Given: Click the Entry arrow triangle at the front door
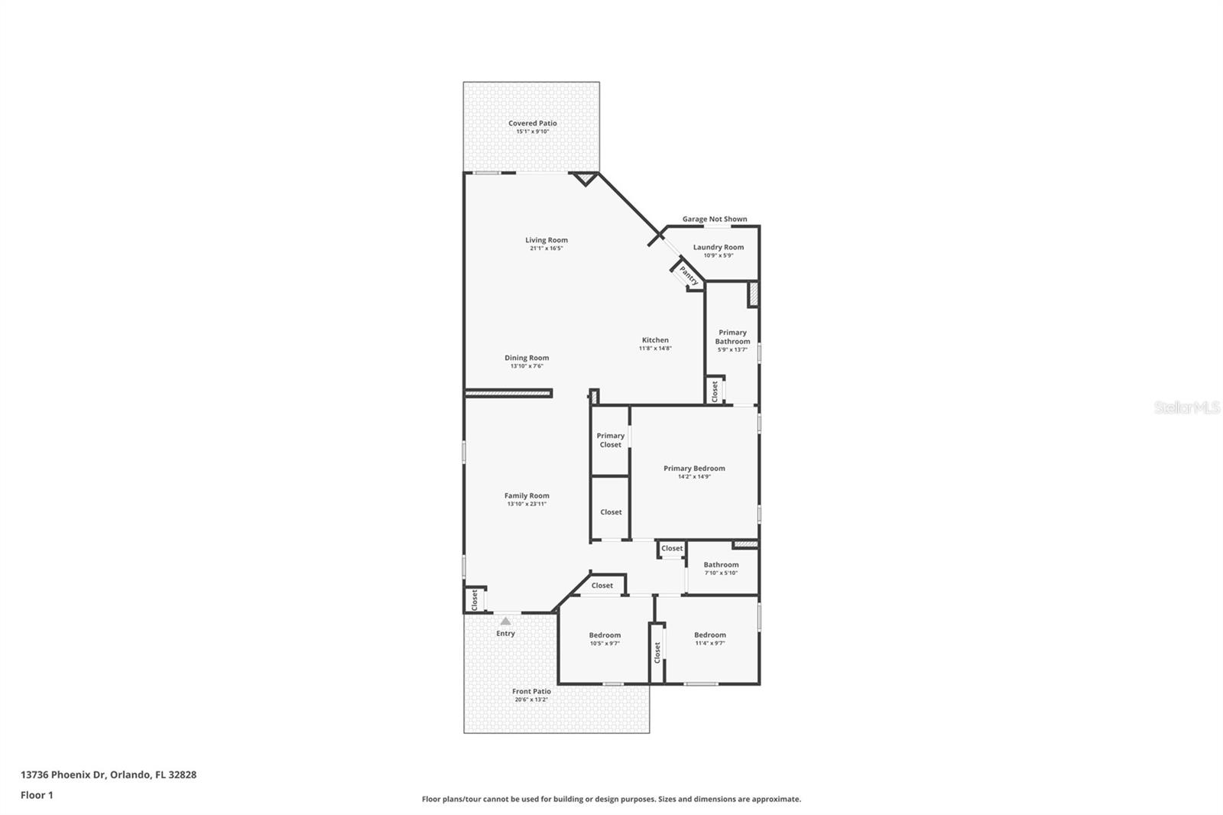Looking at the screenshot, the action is point(505,621).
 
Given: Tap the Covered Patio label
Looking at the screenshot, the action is point(532,123).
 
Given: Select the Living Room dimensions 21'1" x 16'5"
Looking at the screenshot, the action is point(546,248).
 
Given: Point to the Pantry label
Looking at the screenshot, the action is point(689,276).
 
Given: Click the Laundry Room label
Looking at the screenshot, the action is point(718,248).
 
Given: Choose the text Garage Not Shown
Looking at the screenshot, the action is point(714,219).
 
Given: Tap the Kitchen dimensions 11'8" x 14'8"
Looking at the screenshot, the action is point(655,348).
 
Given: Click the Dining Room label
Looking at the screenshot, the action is point(527,359).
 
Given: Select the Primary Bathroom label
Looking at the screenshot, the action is point(732,336).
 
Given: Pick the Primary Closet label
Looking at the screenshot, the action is point(611,440).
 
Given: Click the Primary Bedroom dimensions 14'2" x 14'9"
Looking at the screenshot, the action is point(694,476).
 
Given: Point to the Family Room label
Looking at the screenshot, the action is point(527,496).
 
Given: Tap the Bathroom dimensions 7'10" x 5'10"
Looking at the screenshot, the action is point(721,573).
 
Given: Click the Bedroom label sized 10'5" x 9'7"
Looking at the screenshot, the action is point(605,635).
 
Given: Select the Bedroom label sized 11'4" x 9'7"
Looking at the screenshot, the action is point(710,635).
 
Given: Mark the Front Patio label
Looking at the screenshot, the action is point(531,692).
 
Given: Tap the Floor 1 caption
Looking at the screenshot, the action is point(37,795).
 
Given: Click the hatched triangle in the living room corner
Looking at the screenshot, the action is point(585,177).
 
